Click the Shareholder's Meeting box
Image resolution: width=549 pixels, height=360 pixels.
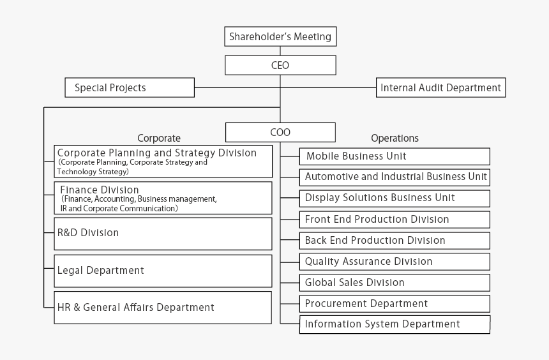pyautogui.click(x=280, y=36)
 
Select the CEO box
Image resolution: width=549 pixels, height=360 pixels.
pyautogui.click(x=280, y=65)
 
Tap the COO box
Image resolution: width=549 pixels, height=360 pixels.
pyautogui.click(x=280, y=132)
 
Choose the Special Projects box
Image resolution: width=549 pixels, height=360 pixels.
pyautogui.click(x=130, y=87)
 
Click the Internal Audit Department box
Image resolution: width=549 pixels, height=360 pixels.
pyautogui.click(x=441, y=87)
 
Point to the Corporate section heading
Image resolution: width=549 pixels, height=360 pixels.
pyautogui.click(x=159, y=139)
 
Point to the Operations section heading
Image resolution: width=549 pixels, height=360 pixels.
pyautogui.click(x=395, y=139)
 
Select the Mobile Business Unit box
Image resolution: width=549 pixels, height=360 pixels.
pyautogui.click(x=395, y=156)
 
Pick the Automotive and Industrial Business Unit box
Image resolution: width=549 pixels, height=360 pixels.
pyautogui.click(x=395, y=177)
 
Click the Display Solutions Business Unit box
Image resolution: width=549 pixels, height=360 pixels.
pyautogui.click(x=395, y=199)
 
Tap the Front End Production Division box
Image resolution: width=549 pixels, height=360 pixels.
pyautogui.click(x=395, y=220)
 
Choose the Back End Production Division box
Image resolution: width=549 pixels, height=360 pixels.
pyautogui.click(x=395, y=241)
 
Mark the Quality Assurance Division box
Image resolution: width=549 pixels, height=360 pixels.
pyautogui.click(x=395, y=262)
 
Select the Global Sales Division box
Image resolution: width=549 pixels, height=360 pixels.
pyautogui.click(x=395, y=283)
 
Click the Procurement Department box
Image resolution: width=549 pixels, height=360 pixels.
pyautogui.click(x=395, y=304)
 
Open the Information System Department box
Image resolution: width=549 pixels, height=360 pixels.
pyautogui.click(x=395, y=325)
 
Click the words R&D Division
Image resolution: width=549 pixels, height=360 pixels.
pyautogui.click(x=88, y=233)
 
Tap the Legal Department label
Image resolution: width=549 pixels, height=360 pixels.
pyautogui.click(x=100, y=271)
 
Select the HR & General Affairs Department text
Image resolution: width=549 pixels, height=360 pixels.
pyautogui.click(x=135, y=308)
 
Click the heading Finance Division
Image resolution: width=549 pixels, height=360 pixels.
pyautogui.click(x=100, y=190)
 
